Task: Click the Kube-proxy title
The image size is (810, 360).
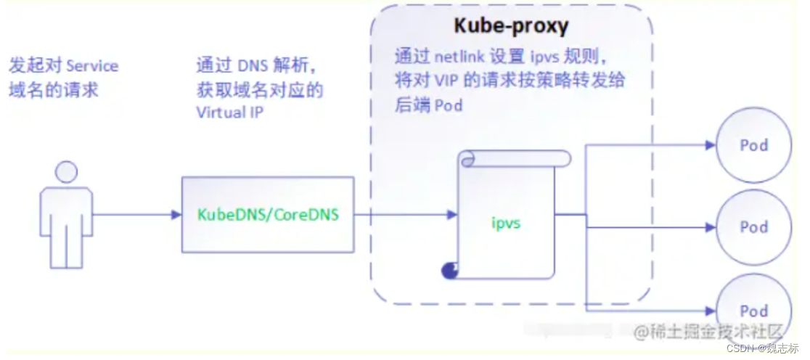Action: click(511, 26)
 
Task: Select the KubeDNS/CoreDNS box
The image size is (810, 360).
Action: click(268, 215)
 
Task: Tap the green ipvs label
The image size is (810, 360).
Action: click(506, 223)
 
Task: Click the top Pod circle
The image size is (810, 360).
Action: click(753, 145)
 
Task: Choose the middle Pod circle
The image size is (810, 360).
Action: click(753, 227)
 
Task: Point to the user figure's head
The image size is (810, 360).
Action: click(66, 171)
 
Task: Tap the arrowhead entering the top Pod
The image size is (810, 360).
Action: click(710, 145)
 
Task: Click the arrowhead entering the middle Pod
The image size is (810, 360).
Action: click(710, 227)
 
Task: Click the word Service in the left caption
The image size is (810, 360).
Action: click(91, 66)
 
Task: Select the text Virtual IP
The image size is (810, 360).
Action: click(230, 112)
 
